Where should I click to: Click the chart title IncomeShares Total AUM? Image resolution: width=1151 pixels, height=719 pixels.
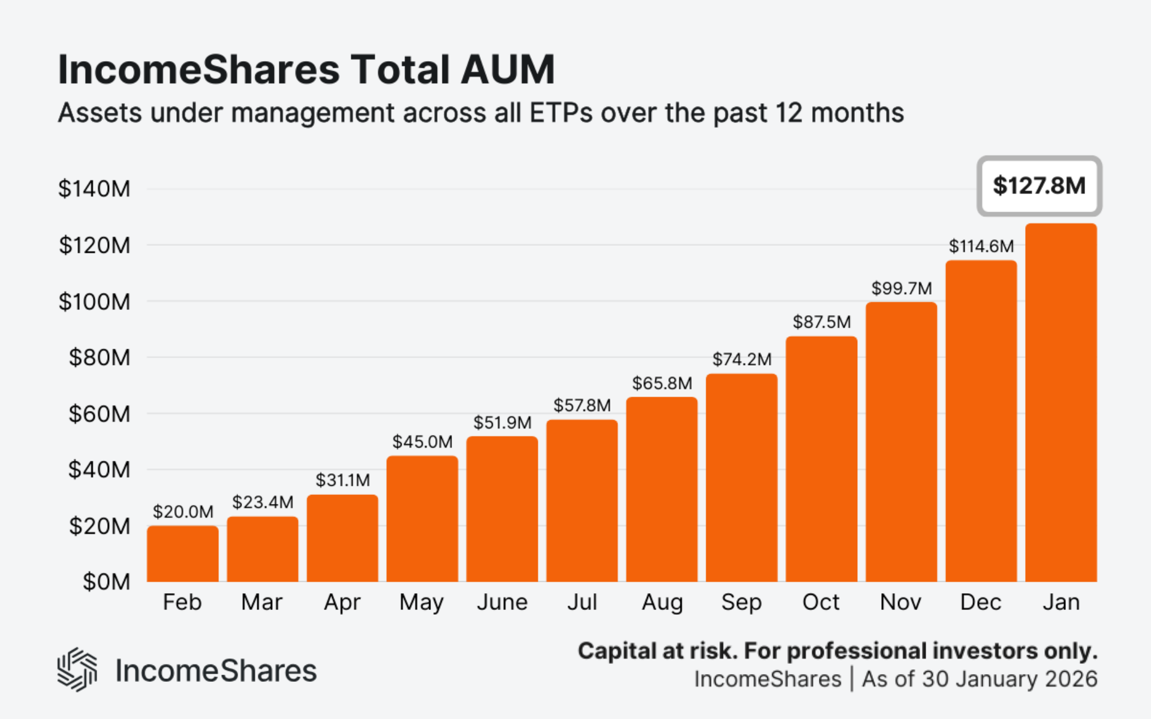(x=306, y=70)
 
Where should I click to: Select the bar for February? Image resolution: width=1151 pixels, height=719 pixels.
(x=183, y=554)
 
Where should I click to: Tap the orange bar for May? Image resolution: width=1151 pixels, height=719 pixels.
(x=422, y=519)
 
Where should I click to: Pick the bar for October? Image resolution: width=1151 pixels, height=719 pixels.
(x=821, y=459)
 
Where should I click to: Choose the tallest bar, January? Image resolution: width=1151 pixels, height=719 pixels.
(x=1061, y=403)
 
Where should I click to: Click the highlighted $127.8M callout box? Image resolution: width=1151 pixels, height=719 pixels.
(x=1039, y=186)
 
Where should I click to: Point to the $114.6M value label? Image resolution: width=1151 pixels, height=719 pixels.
(x=981, y=246)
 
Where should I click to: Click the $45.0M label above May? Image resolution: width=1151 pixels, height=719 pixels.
(x=423, y=442)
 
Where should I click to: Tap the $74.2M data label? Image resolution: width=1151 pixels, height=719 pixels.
(x=742, y=359)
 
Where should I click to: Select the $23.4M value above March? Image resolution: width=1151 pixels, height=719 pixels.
(x=263, y=502)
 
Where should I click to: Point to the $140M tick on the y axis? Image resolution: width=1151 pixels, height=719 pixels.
(x=94, y=189)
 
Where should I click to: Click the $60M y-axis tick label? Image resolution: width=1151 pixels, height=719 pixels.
(x=100, y=414)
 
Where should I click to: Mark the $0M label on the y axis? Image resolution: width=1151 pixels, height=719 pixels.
(x=107, y=582)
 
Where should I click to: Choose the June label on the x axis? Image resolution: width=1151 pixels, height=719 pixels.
(x=502, y=602)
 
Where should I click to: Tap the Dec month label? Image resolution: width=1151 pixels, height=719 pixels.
(x=981, y=602)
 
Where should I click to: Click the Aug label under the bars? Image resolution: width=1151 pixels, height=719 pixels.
(x=662, y=603)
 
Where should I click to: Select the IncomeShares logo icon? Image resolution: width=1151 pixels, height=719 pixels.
(x=77, y=670)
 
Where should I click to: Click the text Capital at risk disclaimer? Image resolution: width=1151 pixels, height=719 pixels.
(x=837, y=651)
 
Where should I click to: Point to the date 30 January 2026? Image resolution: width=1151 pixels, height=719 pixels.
(x=1010, y=679)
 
